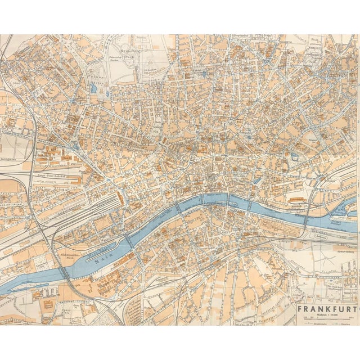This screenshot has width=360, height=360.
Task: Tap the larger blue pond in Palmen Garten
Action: [92, 88]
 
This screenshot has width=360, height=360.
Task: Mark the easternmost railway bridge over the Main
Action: [304, 223]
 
